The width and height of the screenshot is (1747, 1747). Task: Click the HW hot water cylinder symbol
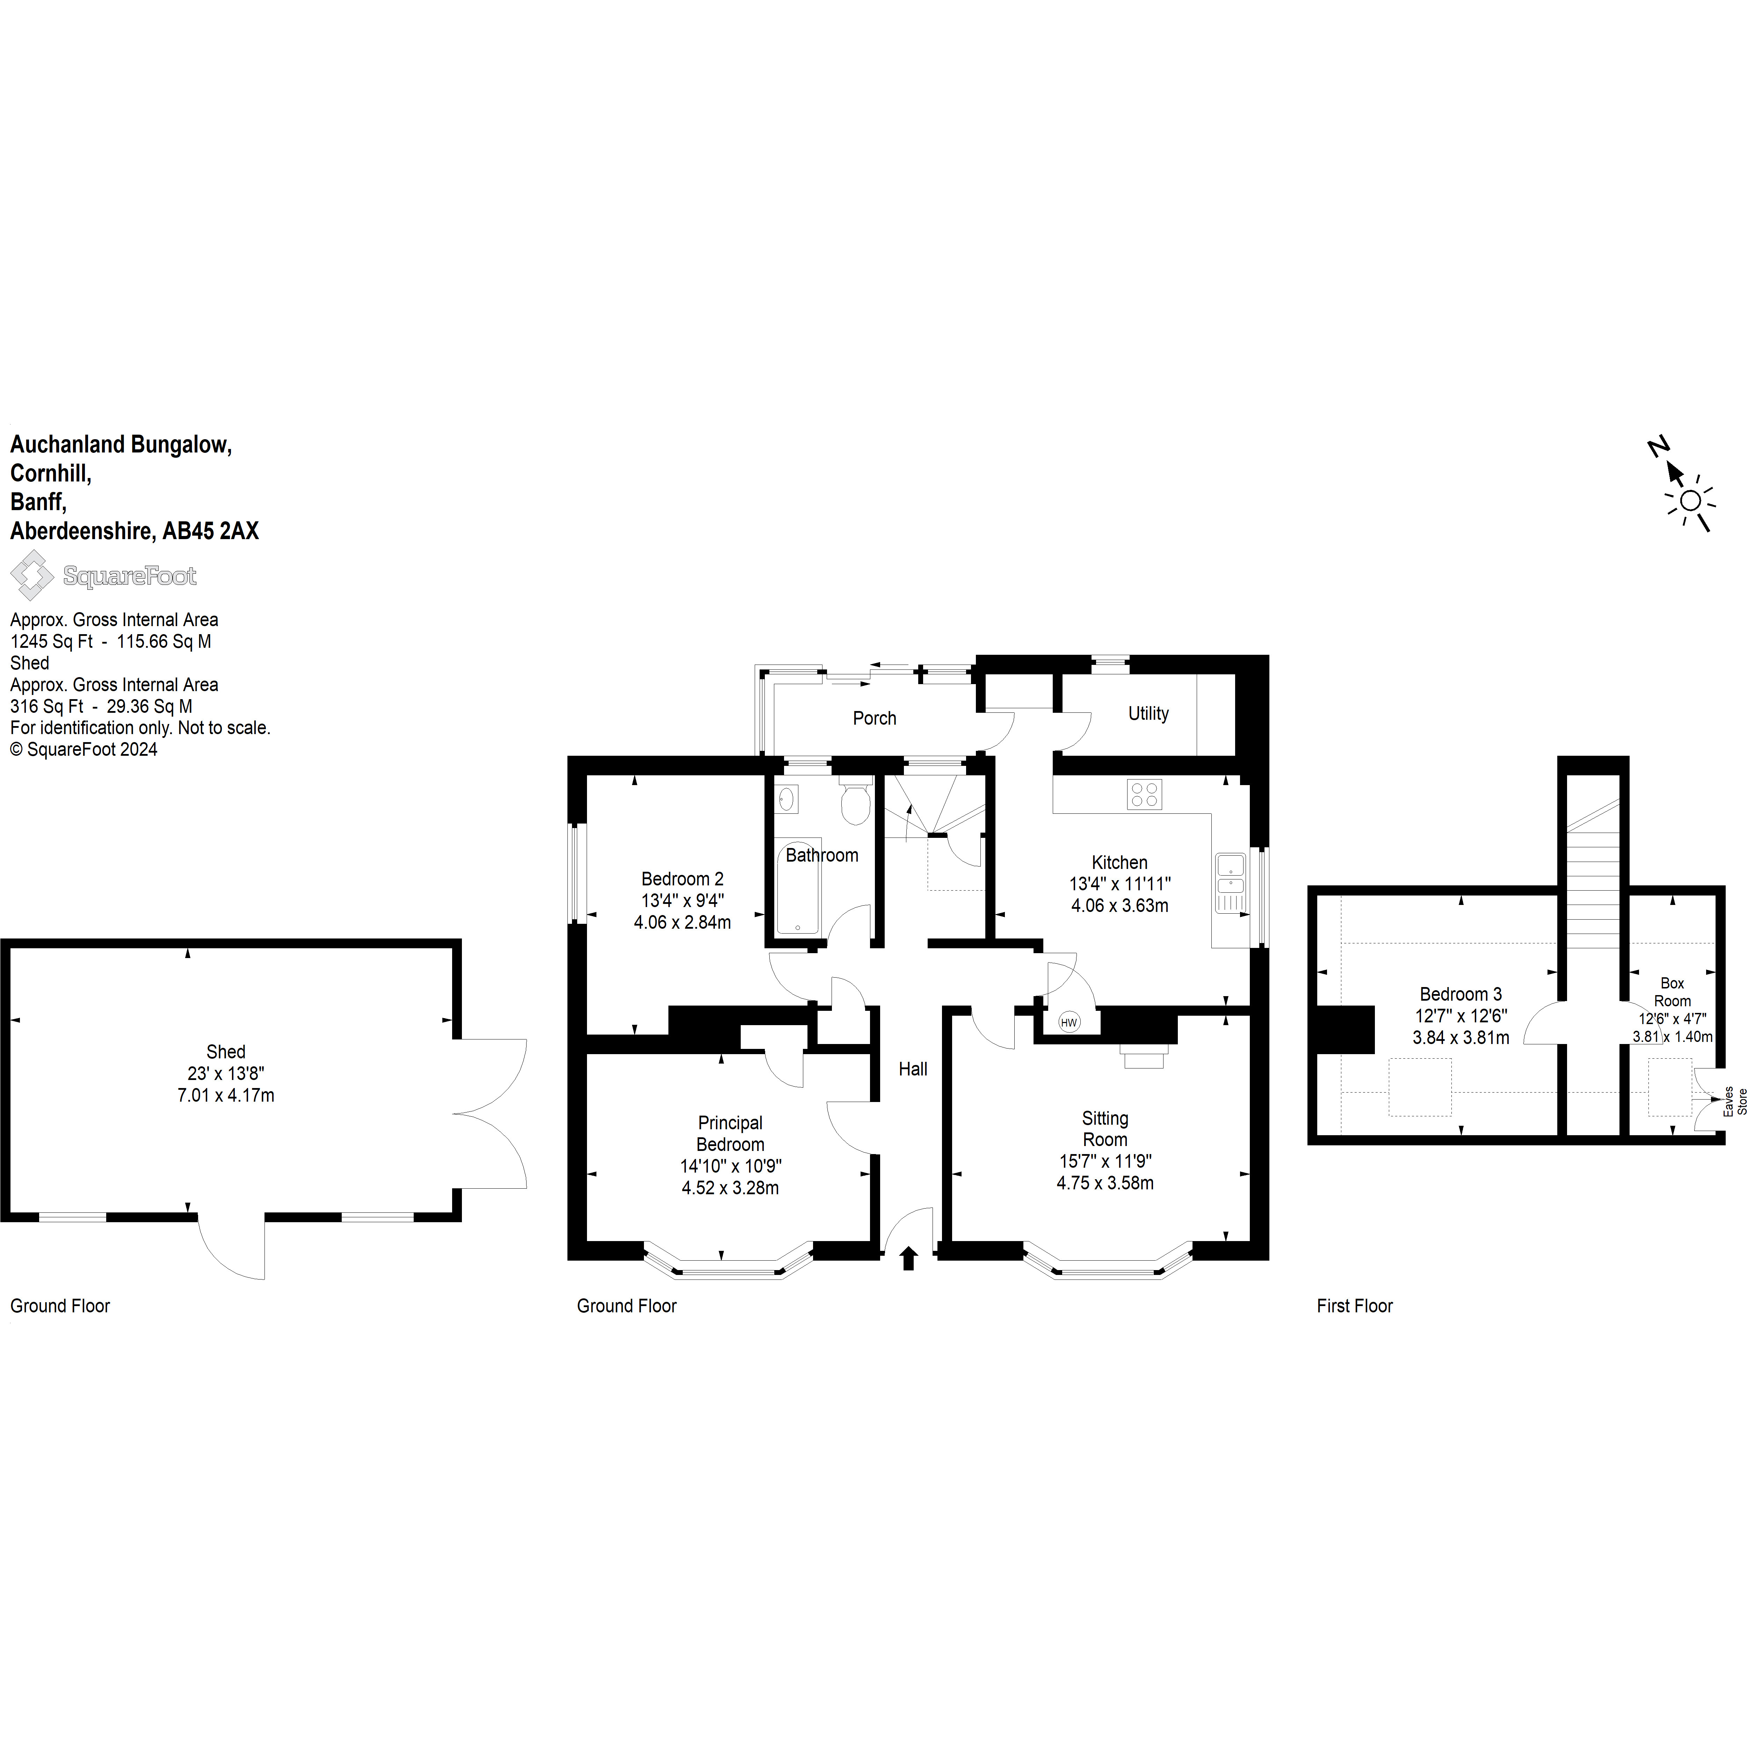1069,1023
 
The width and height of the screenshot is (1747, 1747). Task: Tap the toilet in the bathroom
855,800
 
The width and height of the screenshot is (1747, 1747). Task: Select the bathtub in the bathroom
798,886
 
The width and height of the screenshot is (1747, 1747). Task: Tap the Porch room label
875,718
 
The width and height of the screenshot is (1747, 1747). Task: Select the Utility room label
1148,713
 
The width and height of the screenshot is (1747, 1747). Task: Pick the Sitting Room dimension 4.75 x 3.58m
1105,1183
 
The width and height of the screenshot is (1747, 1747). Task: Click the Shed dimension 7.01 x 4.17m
226,1095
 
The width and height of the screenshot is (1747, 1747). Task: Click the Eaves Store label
1735,1101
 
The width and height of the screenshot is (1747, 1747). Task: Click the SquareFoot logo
103,575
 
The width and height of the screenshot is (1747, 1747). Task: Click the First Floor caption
1355,1306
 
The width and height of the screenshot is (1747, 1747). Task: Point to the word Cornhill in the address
51,473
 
